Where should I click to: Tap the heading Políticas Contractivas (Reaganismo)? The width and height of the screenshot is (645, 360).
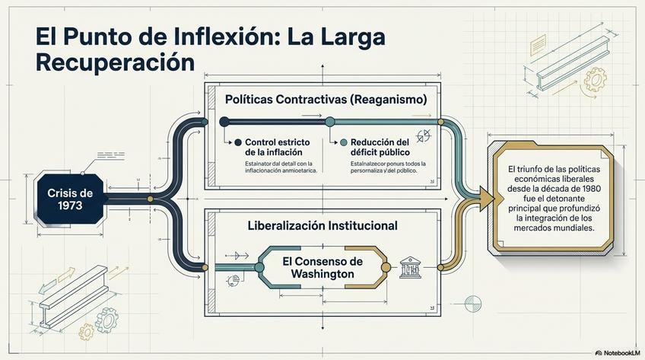click(x=326, y=100)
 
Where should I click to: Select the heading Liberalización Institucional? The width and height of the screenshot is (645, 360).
click(x=323, y=226)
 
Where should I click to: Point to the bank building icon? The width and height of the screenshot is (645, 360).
click(x=410, y=267)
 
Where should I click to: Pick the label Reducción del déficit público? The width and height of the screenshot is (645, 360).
click(x=380, y=147)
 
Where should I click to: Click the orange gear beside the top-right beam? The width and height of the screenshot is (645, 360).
click(x=595, y=78)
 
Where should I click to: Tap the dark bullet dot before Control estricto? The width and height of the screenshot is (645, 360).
click(x=238, y=142)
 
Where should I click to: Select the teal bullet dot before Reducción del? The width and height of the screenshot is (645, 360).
click(x=343, y=142)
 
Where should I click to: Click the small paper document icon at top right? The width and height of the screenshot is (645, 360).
click(x=539, y=45)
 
